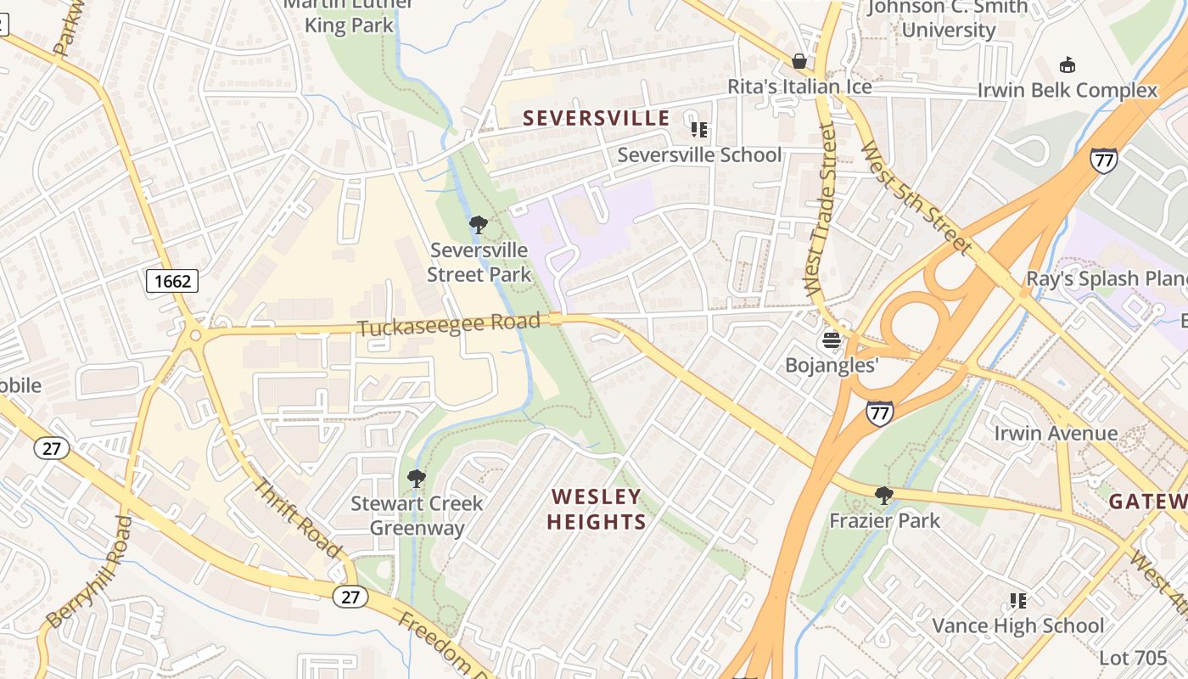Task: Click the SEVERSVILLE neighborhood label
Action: tap(596, 118)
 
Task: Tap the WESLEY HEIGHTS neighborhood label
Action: tap(597, 508)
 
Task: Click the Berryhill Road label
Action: tap(87, 573)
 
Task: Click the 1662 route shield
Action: tap(172, 281)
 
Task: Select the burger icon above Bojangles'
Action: tap(831, 341)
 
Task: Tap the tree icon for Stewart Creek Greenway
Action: tap(416, 479)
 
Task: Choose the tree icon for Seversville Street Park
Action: tap(478, 225)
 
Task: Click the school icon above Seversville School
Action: tap(698, 130)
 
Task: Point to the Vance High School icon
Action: tap(1018, 601)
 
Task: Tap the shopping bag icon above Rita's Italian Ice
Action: tap(799, 61)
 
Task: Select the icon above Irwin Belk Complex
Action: tap(1067, 65)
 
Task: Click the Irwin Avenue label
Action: tap(1056, 434)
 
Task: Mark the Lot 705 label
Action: tap(1133, 658)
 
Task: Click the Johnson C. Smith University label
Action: tap(948, 19)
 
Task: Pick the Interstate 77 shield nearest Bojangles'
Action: tap(880, 413)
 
